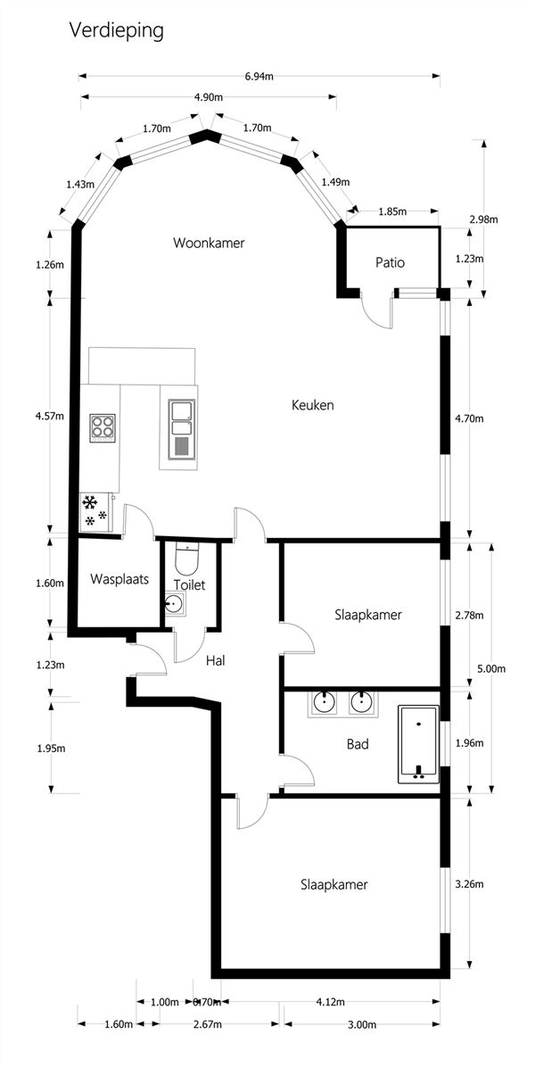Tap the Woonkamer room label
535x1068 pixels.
coord(209,243)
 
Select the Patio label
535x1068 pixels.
coord(390,262)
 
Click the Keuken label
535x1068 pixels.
coord(312,405)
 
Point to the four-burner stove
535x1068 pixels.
coord(103,428)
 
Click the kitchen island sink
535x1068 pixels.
coord(183,427)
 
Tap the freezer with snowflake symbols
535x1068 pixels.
coord(96,511)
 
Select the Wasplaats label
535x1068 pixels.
coord(119,580)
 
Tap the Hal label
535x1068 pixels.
coord(216,660)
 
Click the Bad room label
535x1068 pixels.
coord(358,744)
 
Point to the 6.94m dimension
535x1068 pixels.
coord(259,77)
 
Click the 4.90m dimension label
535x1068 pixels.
coord(209,97)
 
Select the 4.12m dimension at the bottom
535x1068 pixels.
coord(330,1002)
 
